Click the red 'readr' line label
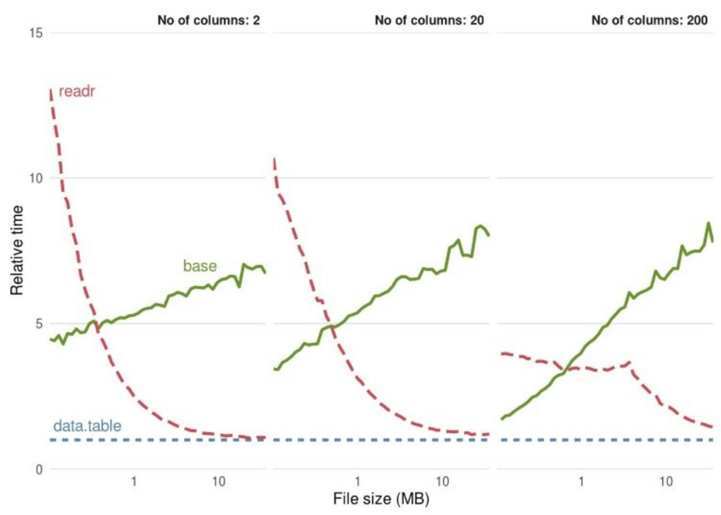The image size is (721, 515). tap(75, 91)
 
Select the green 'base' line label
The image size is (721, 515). tap(200, 266)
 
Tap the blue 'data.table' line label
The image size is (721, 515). tap(87, 426)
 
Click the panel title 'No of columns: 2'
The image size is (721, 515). tap(209, 20)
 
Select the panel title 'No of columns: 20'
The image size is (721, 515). tap(429, 20)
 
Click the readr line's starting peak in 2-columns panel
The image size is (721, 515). tap(51, 89)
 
